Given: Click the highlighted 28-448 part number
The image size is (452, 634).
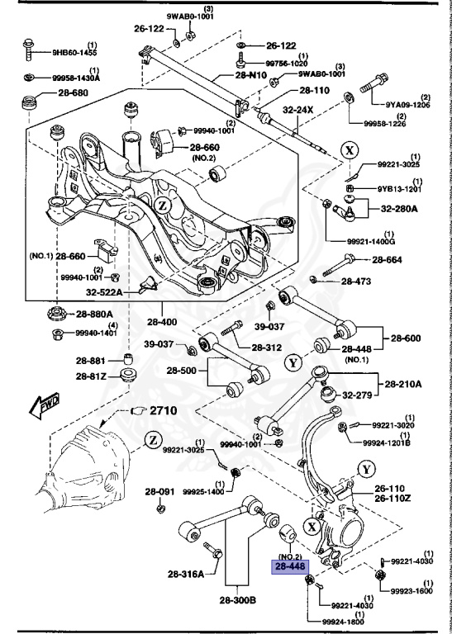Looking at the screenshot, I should (291, 567).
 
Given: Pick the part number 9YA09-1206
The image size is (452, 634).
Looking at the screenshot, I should (407, 106).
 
